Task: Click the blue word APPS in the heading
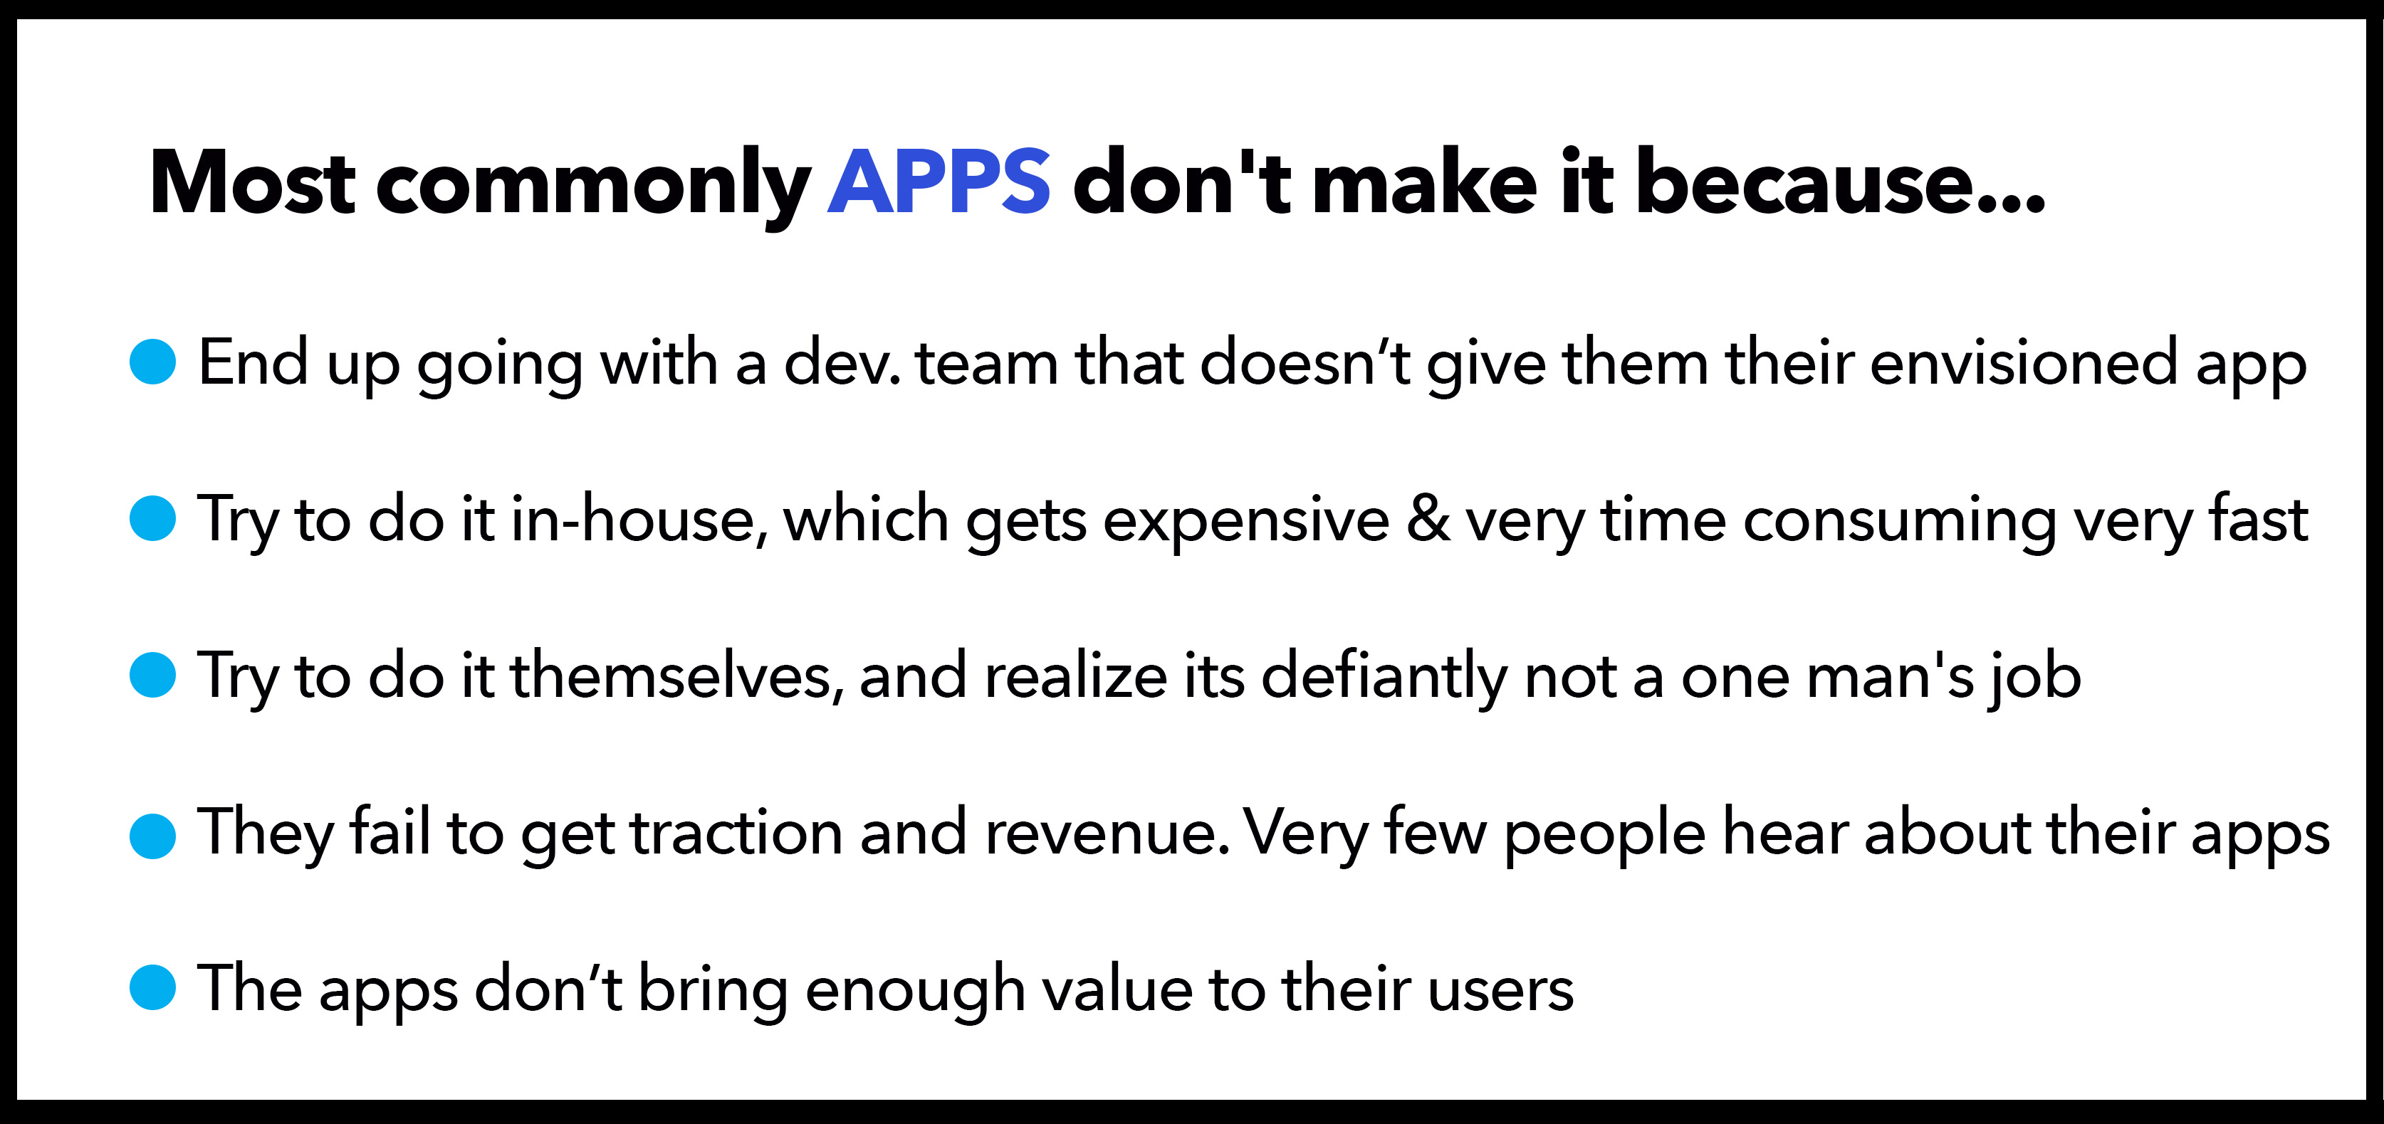(x=939, y=182)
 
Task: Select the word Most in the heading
(x=253, y=182)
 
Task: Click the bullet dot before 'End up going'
(x=152, y=362)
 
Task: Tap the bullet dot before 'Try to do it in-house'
(x=152, y=518)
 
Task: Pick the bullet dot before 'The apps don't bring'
(x=152, y=987)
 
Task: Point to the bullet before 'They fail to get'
(x=152, y=836)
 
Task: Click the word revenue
(x=1107, y=836)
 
